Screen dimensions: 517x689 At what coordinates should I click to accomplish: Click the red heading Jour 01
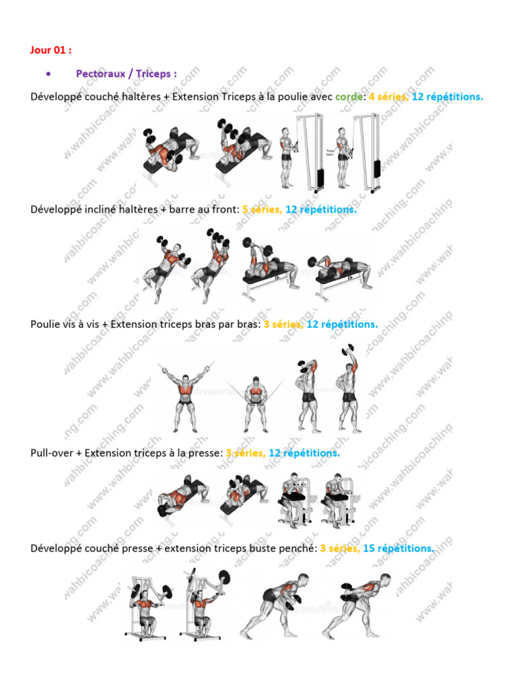pos(50,50)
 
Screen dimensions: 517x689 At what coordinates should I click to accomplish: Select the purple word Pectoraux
pos(101,73)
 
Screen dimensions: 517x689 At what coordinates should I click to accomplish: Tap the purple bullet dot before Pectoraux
pos(48,74)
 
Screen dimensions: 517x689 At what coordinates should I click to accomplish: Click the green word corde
pos(349,97)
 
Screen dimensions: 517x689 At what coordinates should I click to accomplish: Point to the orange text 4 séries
pos(388,97)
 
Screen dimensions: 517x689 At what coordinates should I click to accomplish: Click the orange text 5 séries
pos(262,210)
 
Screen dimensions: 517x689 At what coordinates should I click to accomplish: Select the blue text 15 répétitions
pos(399,548)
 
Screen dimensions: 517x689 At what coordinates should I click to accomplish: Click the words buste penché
pos(283,548)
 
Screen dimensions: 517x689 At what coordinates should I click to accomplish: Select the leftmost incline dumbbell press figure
pos(167,268)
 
